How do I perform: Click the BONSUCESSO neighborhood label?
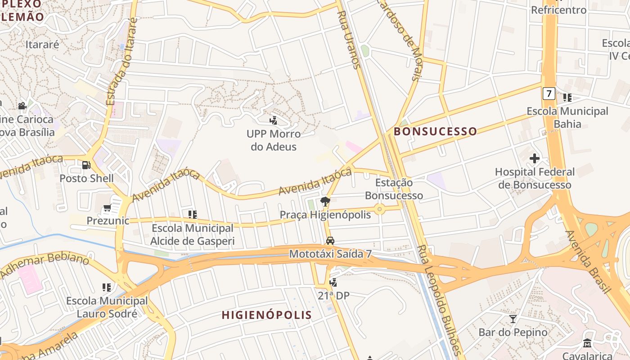[x=435, y=131]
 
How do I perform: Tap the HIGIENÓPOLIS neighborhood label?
[x=267, y=315]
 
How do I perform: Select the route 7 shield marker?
[x=548, y=94]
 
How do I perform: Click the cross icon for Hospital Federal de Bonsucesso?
[x=535, y=158]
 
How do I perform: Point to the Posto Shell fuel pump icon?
[x=86, y=165]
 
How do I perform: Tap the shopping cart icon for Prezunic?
[x=107, y=208]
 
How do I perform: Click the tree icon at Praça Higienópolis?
[x=324, y=201]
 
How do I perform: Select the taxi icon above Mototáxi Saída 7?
[x=330, y=240]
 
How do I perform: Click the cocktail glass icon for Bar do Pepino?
[x=513, y=319]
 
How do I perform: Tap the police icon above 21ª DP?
[x=333, y=283]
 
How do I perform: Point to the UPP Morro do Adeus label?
[x=274, y=140]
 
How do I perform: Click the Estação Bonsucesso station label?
[x=394, y=189]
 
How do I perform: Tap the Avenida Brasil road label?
[x=588, y=262]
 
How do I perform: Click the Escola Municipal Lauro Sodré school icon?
[x=107, y=287]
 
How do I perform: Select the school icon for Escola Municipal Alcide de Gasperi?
[x=193, y=215]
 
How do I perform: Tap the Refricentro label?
[x=558, y=10]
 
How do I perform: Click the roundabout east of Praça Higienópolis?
[x=380, y=209]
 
